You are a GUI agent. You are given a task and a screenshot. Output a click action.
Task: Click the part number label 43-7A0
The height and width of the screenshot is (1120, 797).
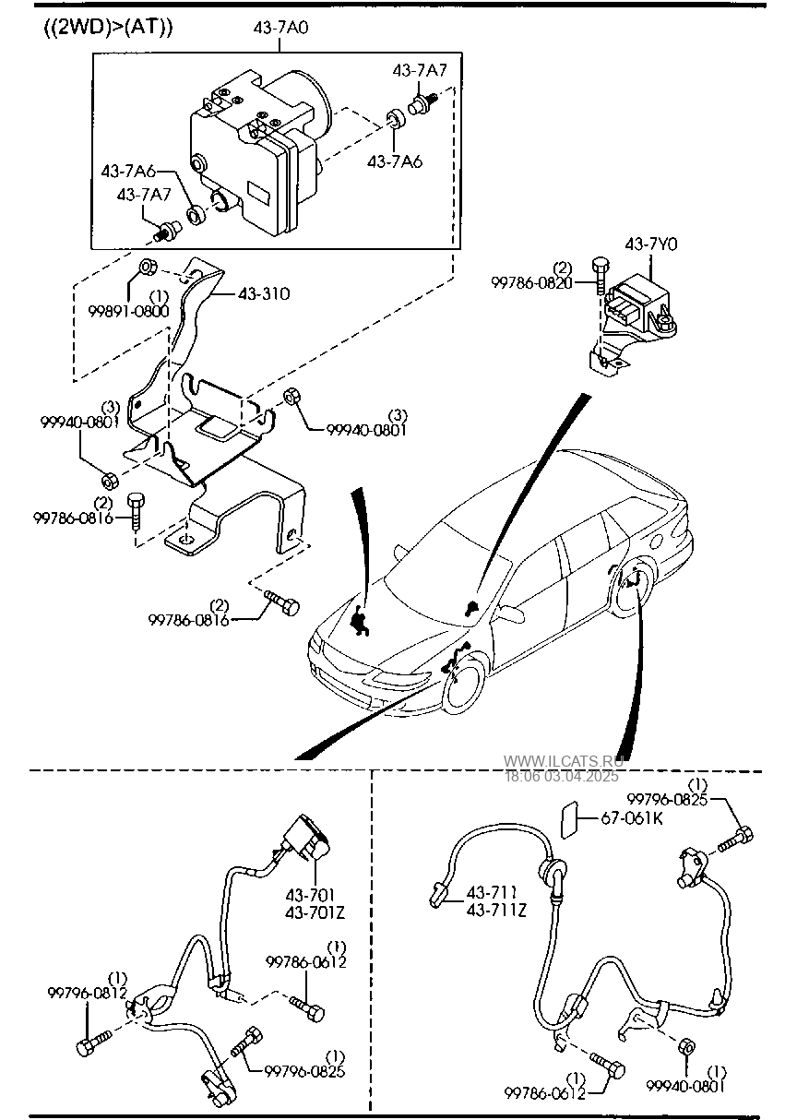click(x=280, y=27)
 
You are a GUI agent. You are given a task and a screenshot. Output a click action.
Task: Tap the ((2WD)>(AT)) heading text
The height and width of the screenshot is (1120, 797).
click(x=108, y=27)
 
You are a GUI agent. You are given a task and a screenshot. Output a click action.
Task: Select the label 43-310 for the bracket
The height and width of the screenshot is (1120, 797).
click(x=264, y=293)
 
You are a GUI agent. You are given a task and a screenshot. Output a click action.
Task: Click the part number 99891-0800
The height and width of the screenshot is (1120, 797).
click(x=129, y=311)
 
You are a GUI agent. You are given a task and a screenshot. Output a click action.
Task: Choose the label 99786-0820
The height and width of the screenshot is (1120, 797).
click(x=531, y=283)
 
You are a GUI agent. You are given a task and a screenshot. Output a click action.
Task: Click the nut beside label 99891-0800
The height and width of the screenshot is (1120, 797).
click(x=147, y=266)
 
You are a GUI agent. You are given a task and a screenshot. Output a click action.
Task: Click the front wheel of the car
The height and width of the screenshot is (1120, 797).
click(x=465, y=685)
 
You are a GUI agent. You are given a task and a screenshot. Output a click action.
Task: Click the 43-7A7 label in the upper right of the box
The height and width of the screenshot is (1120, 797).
click(x=420, y=70)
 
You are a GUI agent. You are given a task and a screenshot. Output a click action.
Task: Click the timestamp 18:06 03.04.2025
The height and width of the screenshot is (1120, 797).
click(x=562, y=776)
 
